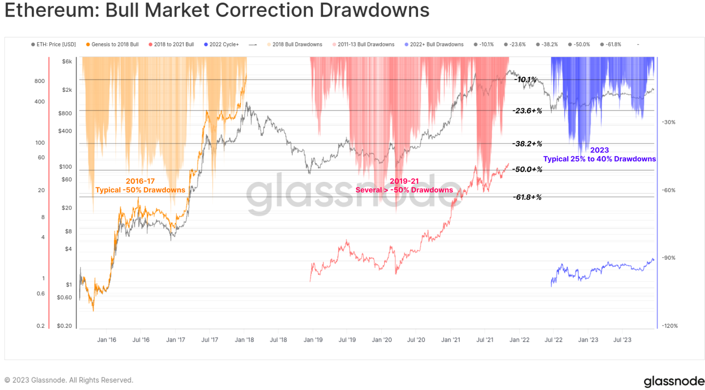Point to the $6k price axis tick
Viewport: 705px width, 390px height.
67,61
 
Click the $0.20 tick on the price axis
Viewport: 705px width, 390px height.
64,326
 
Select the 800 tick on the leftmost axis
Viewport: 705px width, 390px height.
39,81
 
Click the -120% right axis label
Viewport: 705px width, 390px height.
669,326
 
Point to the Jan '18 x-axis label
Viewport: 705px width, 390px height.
244,340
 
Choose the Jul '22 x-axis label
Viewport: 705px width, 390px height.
553,340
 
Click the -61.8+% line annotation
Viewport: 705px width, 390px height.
527,197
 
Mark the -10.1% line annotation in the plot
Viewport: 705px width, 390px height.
525,80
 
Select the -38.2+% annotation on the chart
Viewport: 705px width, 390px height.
527,144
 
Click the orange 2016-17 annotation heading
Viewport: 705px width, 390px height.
140,181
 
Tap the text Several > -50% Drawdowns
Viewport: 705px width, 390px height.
404,190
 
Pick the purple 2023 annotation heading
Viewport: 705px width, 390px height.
599,150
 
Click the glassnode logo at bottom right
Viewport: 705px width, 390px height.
673,381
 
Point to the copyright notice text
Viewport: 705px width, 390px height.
69,380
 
